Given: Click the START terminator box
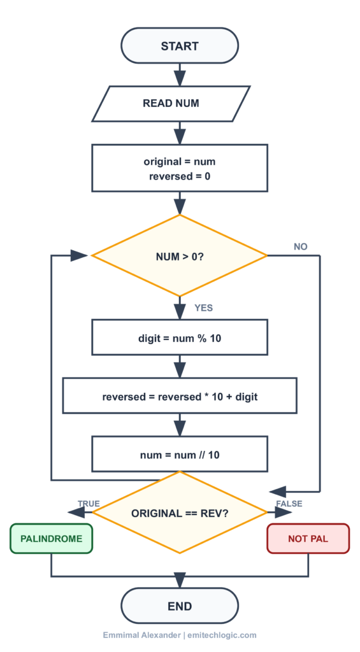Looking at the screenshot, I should (180, 46).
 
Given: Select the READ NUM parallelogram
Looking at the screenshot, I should (171, 103).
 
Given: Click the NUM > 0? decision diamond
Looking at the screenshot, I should (180, 256).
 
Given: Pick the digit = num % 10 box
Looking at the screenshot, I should (180, 337).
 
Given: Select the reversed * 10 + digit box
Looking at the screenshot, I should (180, 396).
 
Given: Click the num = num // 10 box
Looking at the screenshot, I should (180, 455).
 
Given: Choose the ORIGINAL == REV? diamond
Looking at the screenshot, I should (180, 513).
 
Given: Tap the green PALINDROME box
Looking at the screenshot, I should (52, 539).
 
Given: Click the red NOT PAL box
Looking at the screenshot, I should (308, 539).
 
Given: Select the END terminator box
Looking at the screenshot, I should (180, 606).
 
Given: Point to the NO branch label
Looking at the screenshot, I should (301, 246).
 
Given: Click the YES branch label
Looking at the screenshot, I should (203, 308).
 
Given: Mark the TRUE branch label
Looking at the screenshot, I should (89, 504).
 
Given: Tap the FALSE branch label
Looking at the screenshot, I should (289, 504).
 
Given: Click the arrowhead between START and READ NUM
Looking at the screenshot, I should (180, 78).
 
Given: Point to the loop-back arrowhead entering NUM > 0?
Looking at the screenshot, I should (79, 256).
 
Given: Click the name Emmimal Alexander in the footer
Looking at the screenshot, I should (141, 635).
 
